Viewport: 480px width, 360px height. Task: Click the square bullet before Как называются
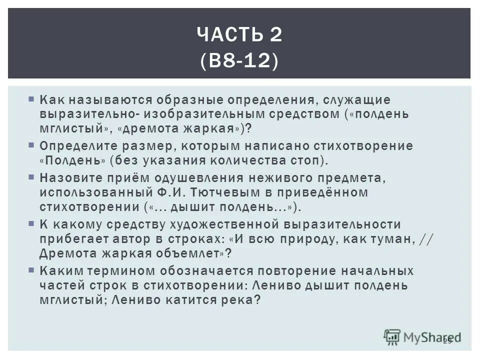(x=31, y=99)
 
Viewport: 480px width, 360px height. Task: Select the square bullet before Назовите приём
(x=31, y=177)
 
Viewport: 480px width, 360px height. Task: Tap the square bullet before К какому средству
(x=31, y=223)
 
